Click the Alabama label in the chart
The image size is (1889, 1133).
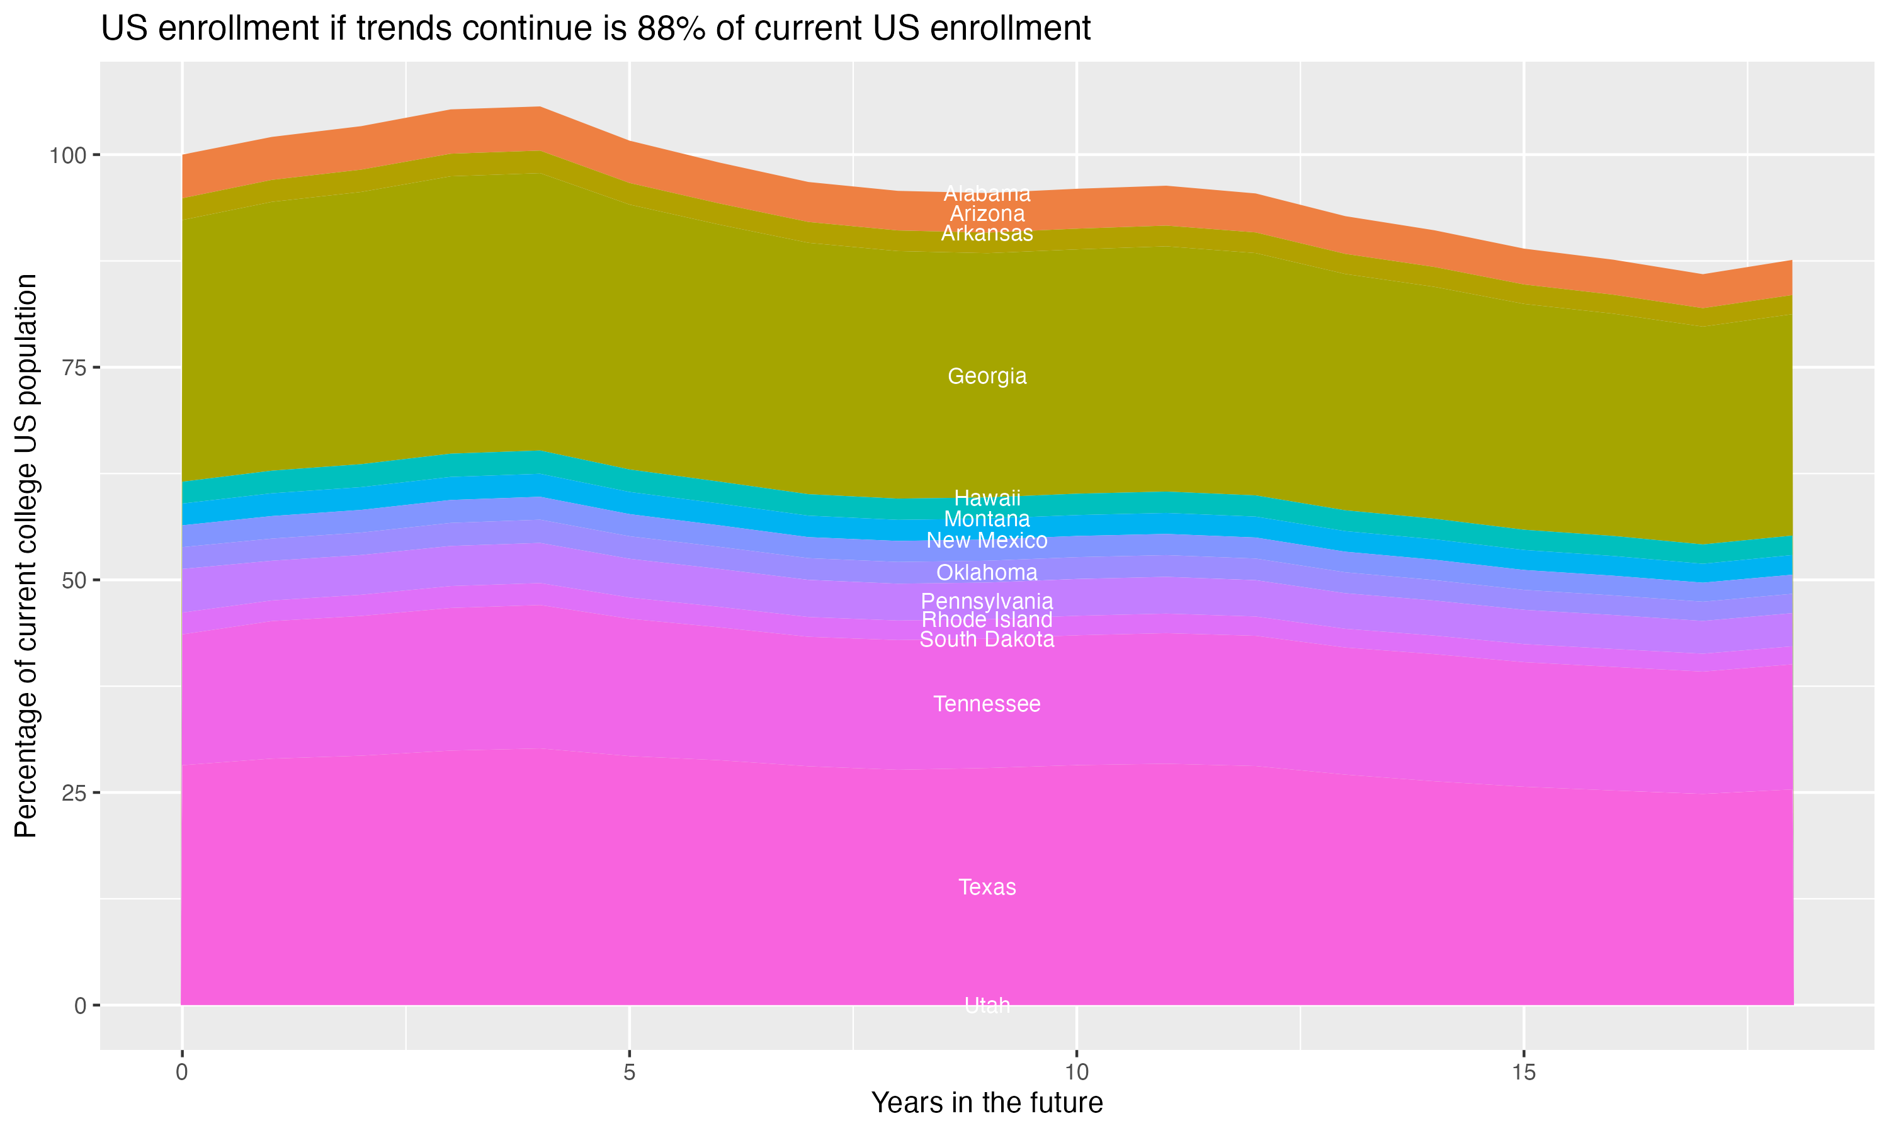coord(987,194)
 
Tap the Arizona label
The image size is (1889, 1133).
coord(987,214)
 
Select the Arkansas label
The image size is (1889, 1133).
coord(987,234)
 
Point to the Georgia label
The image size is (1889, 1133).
coord(987,376)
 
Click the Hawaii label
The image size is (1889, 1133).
coord(987,499)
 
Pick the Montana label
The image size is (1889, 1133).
coord(987,519)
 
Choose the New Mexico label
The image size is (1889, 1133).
coord(987,541)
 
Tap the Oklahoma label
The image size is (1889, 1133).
coord(987,573)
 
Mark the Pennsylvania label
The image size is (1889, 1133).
coord(987,602)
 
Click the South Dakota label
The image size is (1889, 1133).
coord(987,640)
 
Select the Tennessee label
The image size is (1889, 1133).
coord(987,704)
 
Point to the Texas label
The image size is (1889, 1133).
coord(987,887)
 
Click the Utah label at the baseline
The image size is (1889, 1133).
coord(987,1005)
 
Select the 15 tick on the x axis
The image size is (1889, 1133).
coord(1523,1073)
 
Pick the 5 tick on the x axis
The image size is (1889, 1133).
coord(629,1073)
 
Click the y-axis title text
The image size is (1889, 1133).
coord(26,555)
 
